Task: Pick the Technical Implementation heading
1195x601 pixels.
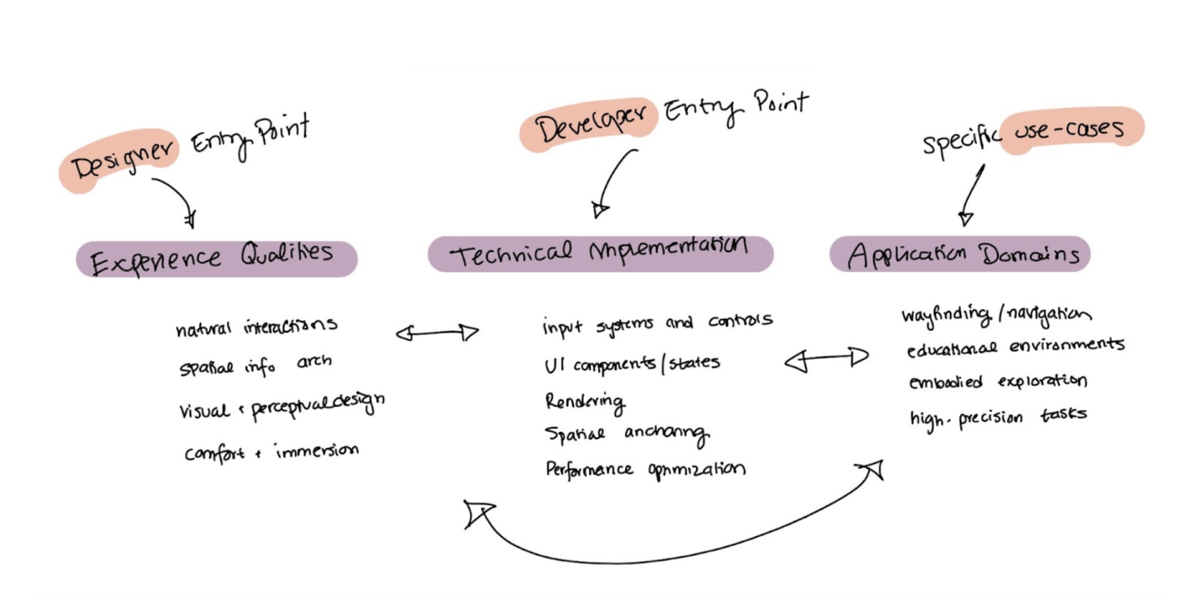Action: click(x=599, y=253)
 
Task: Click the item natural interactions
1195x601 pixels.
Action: click(x=256, y=327)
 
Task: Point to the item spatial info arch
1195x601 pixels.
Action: click(x=255, y=365)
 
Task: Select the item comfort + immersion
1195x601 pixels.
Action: click(x=271, y=453)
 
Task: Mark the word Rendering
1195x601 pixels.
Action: click(x=585, y=402)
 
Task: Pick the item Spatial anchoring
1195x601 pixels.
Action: click(x=626, y=434)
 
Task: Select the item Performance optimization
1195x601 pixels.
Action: click(x=645, y=470)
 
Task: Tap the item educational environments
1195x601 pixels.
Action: click(x=1015, y=347)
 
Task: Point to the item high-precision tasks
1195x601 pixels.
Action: click(x=998, y=418)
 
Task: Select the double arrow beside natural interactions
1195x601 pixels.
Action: click(x=437, y=333)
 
